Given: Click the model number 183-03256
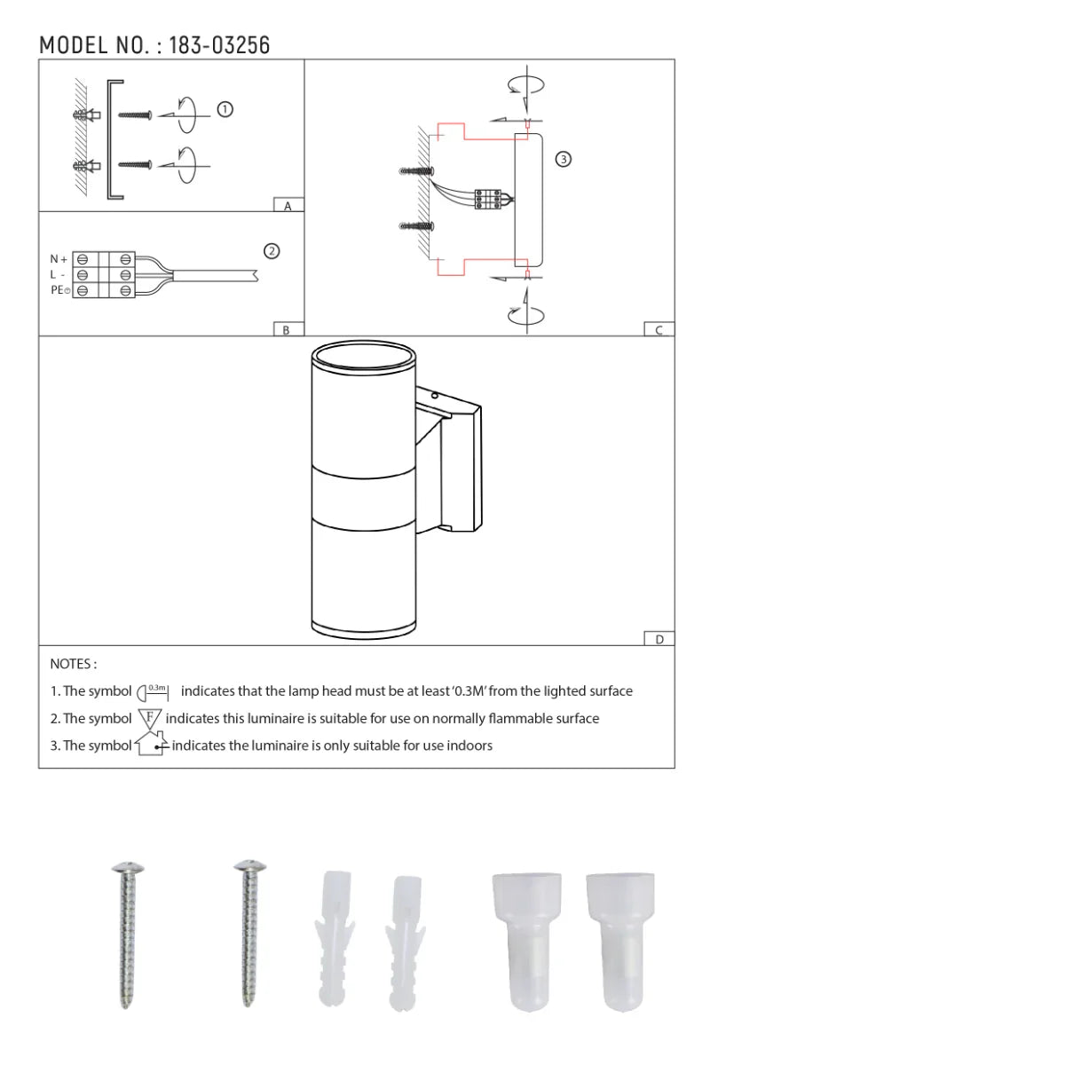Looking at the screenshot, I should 219,45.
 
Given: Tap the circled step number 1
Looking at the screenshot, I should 225,109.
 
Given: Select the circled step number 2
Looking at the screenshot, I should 272,251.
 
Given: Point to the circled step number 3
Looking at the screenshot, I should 563,160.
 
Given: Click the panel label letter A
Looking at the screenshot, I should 288,206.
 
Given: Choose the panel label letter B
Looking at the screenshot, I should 286,330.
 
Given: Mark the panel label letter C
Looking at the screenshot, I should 659,330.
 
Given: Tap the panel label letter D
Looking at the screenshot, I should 659,639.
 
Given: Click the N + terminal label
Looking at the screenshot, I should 59,259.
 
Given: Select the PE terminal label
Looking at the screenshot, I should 59,290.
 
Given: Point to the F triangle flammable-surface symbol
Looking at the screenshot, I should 149,718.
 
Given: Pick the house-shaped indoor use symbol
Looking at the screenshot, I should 151,744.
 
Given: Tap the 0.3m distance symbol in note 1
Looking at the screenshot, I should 154,690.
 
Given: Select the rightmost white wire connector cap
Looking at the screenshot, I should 620,941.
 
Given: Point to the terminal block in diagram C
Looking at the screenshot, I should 488,199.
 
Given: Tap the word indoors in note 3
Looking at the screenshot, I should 469,745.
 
